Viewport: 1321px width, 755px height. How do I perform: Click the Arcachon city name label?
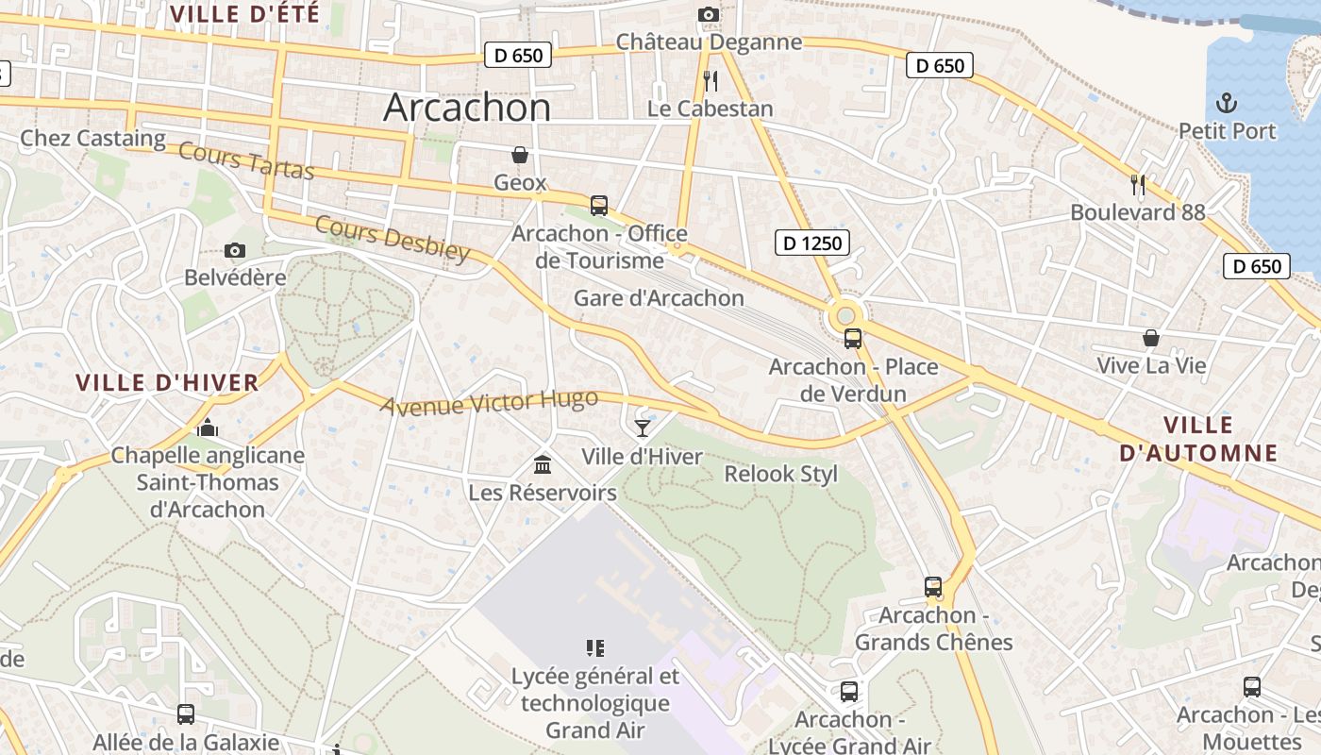(x=467, y=107)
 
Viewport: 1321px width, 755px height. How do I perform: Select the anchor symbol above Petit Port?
(x=1227, y=102)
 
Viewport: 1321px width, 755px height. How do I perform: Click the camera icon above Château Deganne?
(x=708, y=14)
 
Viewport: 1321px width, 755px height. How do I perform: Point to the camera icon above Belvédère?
(x=235, y=250)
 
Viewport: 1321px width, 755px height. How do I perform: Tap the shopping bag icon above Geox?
(x=520, y=155)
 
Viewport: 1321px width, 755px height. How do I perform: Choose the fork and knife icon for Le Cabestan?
(x=711, y=81)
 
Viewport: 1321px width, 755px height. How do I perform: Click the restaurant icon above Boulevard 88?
(x=1138, y=185)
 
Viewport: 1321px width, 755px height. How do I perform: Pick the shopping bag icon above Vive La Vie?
(x=1151, y=338)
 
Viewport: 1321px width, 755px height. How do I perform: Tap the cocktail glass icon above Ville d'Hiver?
(x=643, y=428)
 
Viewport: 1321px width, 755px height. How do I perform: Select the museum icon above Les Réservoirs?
(x=543, y=464)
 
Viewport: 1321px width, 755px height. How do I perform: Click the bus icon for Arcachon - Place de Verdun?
(x=853, y=339)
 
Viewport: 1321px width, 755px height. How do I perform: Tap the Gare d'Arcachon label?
(x=659, y=298)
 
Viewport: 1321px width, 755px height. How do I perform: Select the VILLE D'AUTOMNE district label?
(x=1198, y=439)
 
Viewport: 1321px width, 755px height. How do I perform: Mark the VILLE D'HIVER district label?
(x=167, y=382)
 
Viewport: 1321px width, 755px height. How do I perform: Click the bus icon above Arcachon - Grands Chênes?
(x=933, y=587)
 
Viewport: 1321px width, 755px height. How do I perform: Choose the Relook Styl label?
(x=780, y=474)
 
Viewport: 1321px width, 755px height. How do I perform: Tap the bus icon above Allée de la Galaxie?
(x=186, y=714)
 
